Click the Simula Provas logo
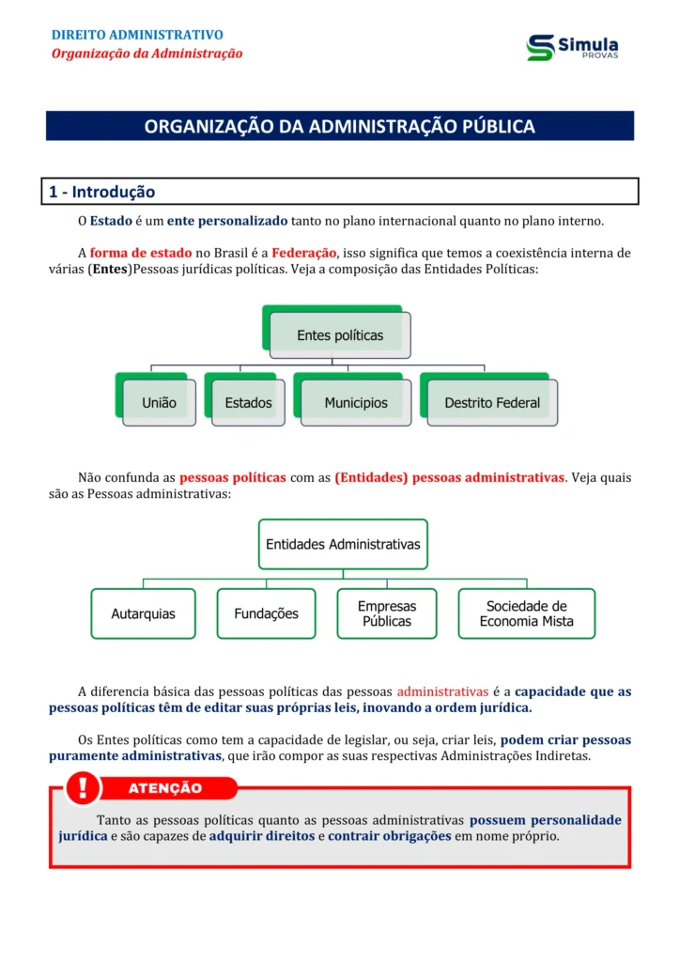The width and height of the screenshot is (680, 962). click(572, 47)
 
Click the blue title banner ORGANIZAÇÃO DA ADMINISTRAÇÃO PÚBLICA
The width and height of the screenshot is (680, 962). click(340, 126)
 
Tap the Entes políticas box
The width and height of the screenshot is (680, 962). click(340, 334)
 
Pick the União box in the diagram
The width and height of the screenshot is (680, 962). click(159, 402)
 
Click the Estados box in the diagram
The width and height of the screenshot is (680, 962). click(248, 402)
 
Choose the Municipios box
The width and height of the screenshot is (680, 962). click(356, 402)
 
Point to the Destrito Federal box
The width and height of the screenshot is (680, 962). click(492, 402)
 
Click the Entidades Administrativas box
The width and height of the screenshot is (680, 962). click(343, 544)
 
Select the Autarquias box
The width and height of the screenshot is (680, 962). click(143, 613)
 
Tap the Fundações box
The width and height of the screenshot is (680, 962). click(266, 613)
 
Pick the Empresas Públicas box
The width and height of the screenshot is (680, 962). click(387, 613)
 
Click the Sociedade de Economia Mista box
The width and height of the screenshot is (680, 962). click(526, 613)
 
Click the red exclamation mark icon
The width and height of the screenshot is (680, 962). click(84, 786)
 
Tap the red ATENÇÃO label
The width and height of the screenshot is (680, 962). click(165, 788)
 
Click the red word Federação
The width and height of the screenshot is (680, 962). click(303, 253)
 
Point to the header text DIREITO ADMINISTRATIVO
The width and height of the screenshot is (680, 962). click(137, 36)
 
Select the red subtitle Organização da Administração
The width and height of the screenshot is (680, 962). click(147, 54)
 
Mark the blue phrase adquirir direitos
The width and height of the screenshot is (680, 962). click(262, 836)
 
